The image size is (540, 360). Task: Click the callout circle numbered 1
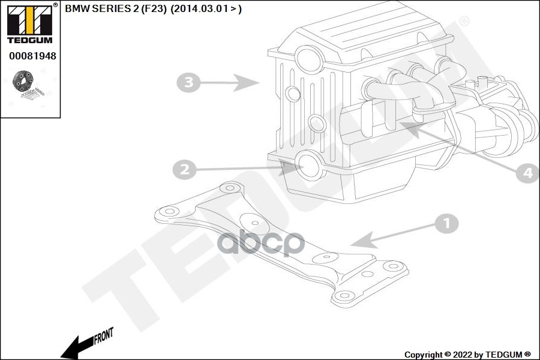(446, 224)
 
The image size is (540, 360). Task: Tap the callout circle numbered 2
(185, 169)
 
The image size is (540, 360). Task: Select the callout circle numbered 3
(188, 83)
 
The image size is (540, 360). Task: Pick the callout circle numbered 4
(527, 172)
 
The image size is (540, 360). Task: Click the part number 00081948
(32, 56)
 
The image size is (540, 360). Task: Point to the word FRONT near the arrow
(103, 336)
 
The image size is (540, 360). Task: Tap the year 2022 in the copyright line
(463, 355)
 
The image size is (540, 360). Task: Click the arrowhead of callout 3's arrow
(246, 83)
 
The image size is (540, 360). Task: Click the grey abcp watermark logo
(261, 243)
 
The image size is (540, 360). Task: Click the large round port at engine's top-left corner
(309, 59)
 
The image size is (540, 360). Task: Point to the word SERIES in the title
(108, 9)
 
